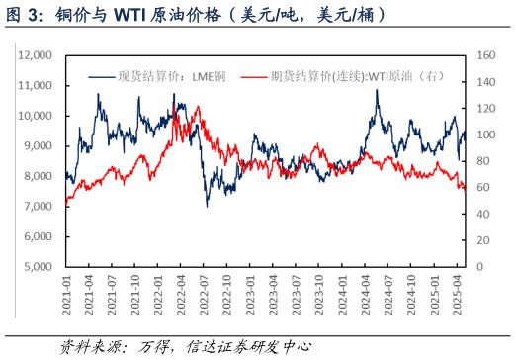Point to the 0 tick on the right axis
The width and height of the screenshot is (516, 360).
pos(478,267)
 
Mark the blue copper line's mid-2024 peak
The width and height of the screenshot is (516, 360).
pos(376,91)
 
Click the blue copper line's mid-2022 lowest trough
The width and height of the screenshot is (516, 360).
pos(207,205)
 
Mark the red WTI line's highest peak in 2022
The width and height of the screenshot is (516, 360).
pos(175,104)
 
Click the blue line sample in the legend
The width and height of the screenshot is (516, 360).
pos(101,75)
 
